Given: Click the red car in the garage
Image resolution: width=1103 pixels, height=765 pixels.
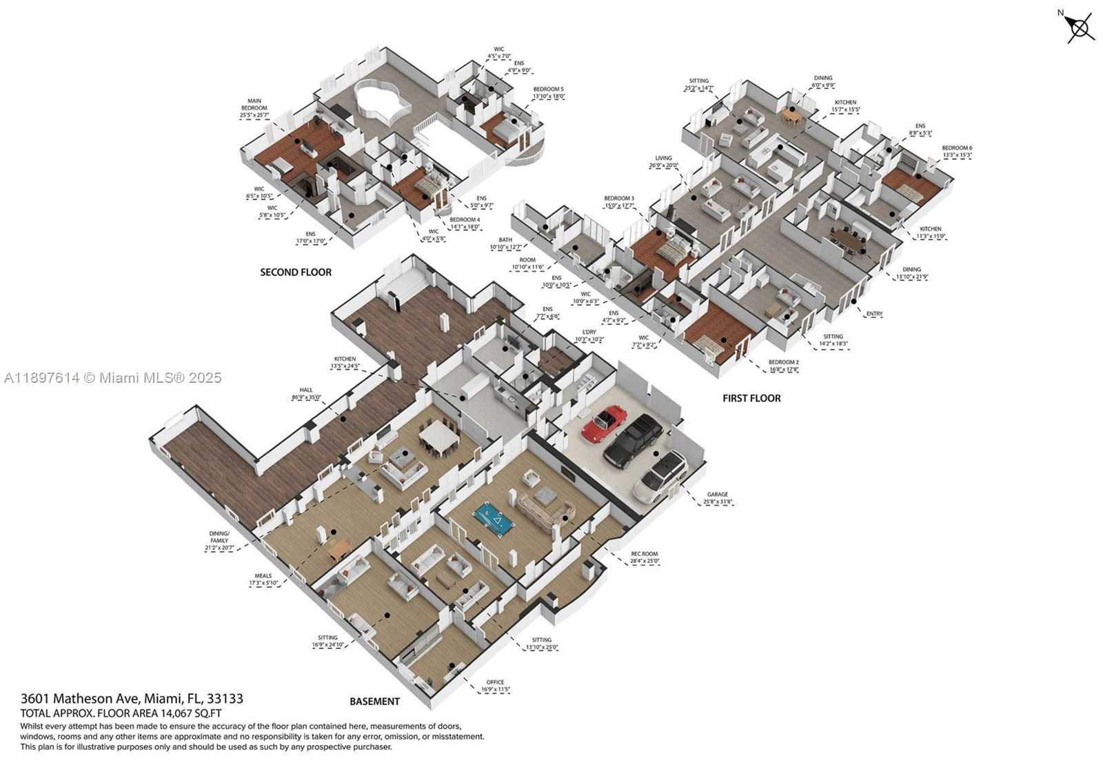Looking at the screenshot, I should pyautogui.click(x=605, y=424).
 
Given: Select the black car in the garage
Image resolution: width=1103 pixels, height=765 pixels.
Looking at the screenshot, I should pyautogui.click(x=633, y=441).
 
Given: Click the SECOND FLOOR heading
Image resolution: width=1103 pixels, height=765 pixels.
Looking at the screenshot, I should pyautogui.click(x=296, y=272).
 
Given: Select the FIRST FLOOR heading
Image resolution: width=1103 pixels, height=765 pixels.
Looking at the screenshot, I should pyautogui.click(x=751, y=398).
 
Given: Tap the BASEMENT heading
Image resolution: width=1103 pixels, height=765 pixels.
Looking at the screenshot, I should pyautogui.click(x=374, y=702).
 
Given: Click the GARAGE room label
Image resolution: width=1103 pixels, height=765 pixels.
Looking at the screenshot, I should pyautogui.click(x=717, y=495).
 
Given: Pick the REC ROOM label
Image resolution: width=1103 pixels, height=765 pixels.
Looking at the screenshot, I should pyautogui.click(x=645, y=554).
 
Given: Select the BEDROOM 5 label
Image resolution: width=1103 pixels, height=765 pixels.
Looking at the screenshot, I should pyautogui.click(x=548, y=89).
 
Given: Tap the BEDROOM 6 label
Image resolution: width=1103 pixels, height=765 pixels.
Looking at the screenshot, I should pyautogui.click(x=957, y=148).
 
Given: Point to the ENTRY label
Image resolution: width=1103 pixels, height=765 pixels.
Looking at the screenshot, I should pyautogui.click(x=874, y=315).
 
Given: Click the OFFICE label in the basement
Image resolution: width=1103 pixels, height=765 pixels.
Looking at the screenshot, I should pyautogui.click(x=495, y=682).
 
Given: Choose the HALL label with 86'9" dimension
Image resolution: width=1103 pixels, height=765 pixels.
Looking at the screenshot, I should pyautogui.click(x=306, y=390).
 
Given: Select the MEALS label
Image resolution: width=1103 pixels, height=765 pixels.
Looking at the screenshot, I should pyautogui.click(x=263, y=575).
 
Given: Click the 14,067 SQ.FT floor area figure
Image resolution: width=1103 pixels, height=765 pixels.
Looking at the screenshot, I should pyautogui.click(x=185, y=714).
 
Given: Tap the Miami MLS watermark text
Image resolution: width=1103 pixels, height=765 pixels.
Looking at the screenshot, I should pyautogui.click(x=113, y=378).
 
